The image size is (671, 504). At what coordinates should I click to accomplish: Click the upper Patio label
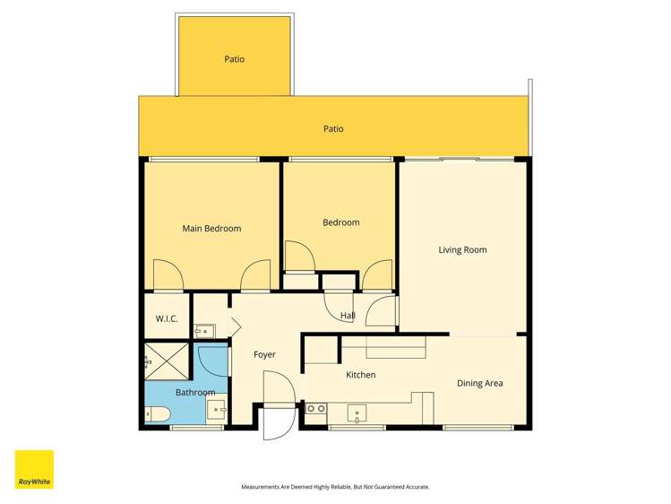point(234,59)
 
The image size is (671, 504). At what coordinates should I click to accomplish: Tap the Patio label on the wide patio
point(333,129)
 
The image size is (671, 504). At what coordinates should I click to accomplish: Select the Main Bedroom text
point(211,229)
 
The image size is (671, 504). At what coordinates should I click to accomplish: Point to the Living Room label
point(462,250)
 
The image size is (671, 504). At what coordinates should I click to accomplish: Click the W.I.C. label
point(167,319)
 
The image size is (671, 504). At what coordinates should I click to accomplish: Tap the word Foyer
point(264,355)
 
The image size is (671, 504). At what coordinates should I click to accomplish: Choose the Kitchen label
point(361,375)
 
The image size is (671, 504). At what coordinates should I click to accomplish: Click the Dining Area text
point(479,384)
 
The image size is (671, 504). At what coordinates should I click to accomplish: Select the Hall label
point(348,316)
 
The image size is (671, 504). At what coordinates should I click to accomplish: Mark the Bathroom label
point(194,393)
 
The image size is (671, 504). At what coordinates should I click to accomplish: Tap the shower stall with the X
point(168,361)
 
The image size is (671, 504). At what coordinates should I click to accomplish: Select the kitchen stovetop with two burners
point(315,409)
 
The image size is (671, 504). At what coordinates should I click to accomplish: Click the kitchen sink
point(357,414)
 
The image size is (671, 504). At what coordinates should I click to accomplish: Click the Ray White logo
point(34,469)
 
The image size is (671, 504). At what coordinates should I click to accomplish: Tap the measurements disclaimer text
point(335,487)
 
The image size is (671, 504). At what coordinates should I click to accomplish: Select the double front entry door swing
point(277,405)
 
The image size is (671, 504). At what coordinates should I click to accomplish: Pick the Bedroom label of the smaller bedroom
point(340,222)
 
